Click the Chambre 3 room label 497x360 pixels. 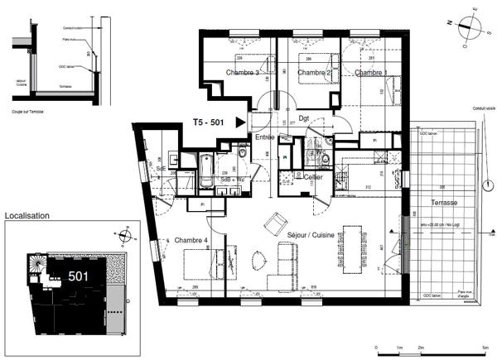point(245,73)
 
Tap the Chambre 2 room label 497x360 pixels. point(314,73)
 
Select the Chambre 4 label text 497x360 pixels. point(191,240)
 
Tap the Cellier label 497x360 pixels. point(312,176)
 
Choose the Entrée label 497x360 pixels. point(265,137)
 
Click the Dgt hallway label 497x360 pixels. point(304,118)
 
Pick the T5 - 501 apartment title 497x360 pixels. point(209,122)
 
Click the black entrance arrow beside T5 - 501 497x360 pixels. point(240,122)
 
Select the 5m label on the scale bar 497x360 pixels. point(484,348)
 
